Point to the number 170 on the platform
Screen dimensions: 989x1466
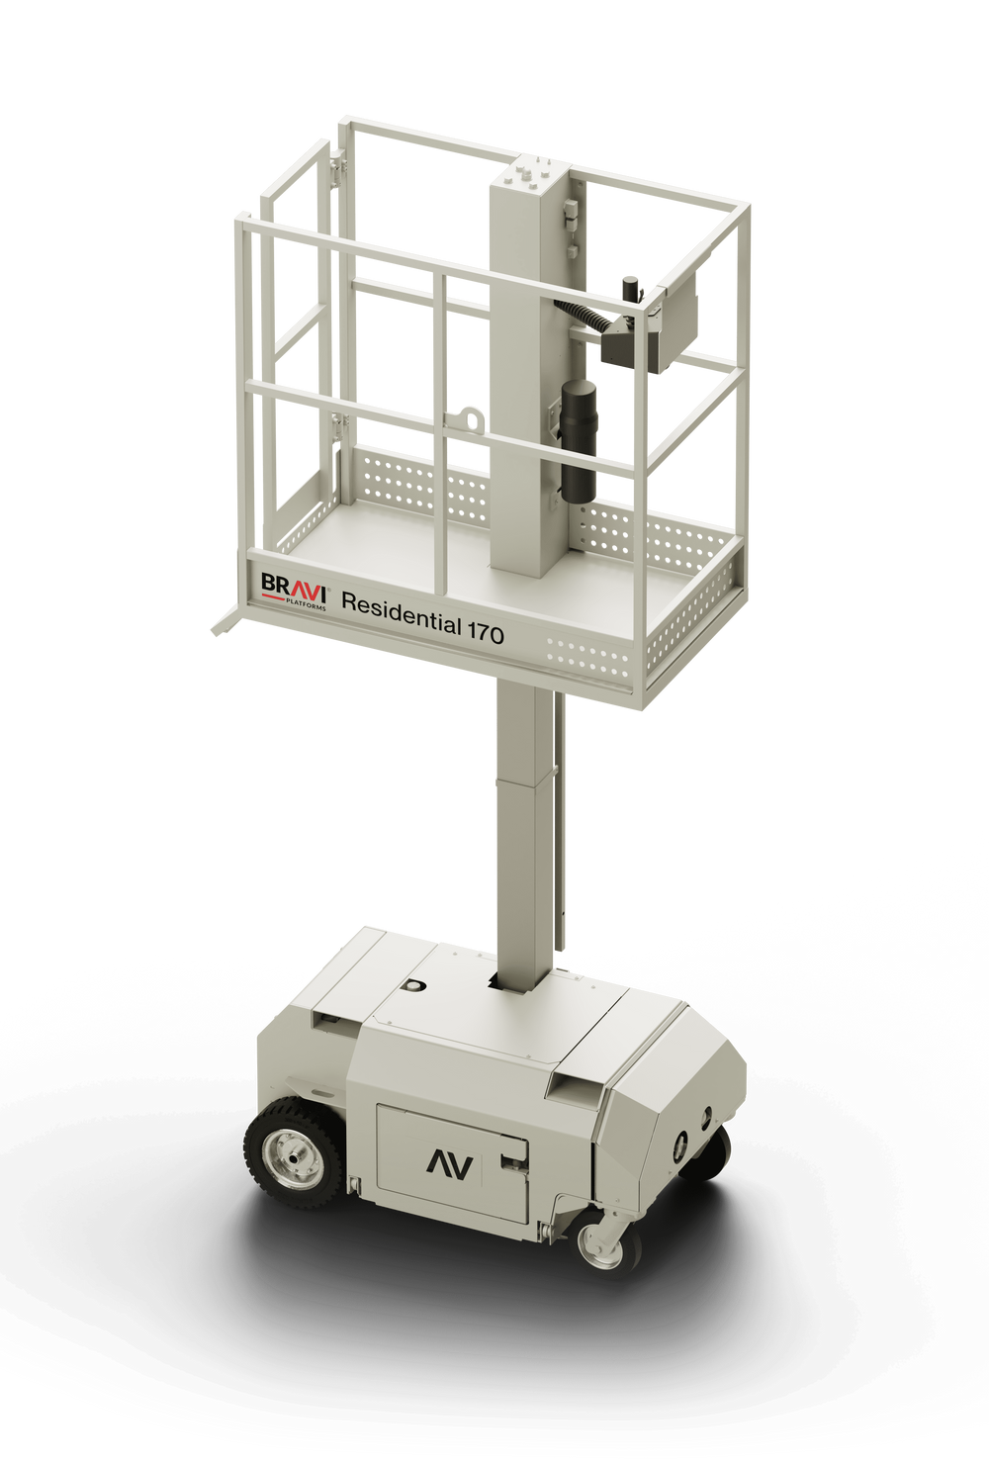coord(485,633)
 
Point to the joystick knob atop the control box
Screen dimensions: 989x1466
coord(629,288)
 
